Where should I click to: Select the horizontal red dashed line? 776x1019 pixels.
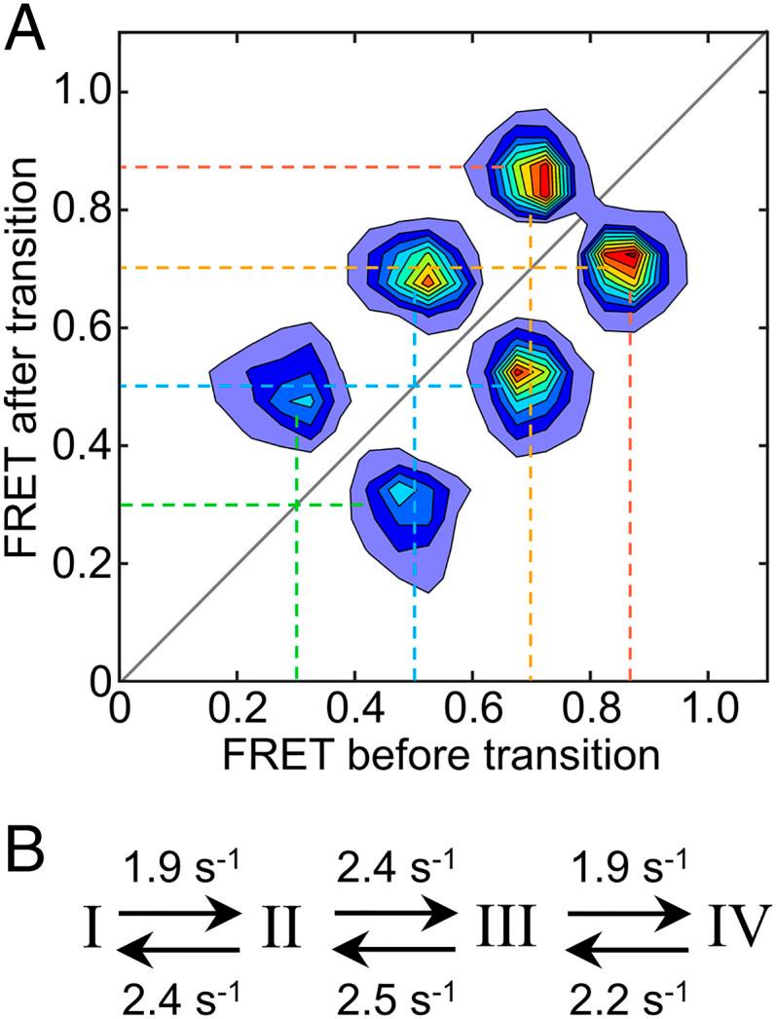coord(292,168)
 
